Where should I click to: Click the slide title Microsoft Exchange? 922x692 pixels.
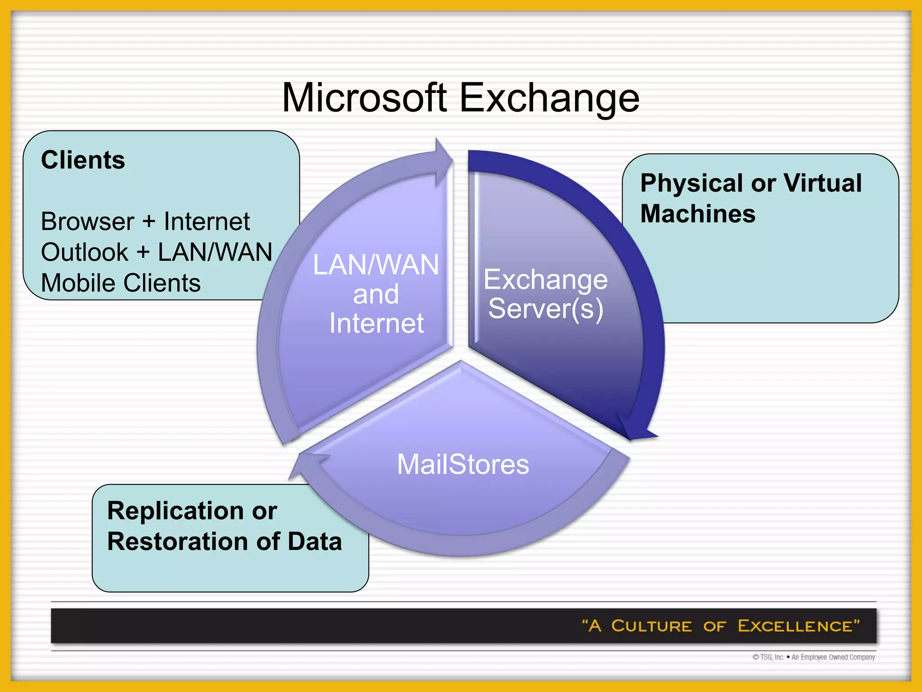pyautogui.click(x=460, y=98)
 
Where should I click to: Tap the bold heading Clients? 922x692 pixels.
pyautogui.click(x=83, y=160)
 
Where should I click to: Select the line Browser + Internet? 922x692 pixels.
pyautogui.click(x=145, y=222)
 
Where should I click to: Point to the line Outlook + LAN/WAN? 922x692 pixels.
pyautogui.click(x=156, y=252)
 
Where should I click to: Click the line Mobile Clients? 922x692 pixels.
pyautogui.click(x=121, y=283)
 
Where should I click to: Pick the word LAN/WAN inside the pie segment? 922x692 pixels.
pyautogui.click(x=375, y=264)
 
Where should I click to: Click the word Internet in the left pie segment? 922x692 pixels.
pyautogui.click(x=376, y=323)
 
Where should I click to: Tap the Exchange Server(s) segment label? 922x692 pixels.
pyautogui.click(x=545, y=294)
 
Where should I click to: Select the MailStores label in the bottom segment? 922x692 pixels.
pyautogui.click(x=463, y=464)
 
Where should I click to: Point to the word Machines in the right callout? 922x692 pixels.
pyautogui.click(x=698, y=214)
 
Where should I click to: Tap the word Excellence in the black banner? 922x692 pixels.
pyautogui.click(x=795, y=626)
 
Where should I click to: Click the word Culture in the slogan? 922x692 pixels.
pyautogui.click(x=651, y=626)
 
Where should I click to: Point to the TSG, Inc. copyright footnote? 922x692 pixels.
pyautogui.click(x=814, y=657)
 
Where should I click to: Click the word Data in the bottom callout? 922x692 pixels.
pyautogui.click(x=315, y=541)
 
